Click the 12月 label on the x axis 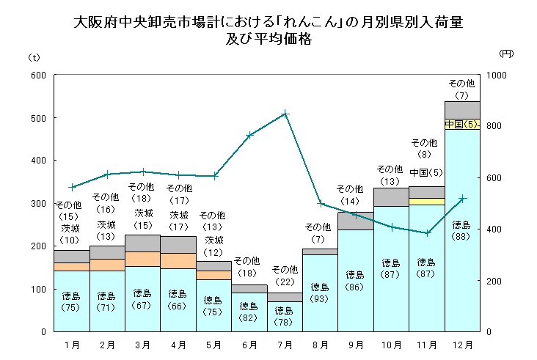462,345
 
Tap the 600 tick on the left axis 37,76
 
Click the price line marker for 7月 285,114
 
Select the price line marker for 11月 427,233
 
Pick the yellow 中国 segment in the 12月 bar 462,124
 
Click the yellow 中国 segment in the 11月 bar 427,202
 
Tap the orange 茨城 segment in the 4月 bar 178,261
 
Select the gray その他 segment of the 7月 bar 285,297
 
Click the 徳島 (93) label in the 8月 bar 320,293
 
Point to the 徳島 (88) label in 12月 462,230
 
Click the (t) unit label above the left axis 34,56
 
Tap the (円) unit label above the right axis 505,54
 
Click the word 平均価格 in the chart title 283,40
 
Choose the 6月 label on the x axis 249,345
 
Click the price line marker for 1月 72,187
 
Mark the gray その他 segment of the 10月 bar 391,196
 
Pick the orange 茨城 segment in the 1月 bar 72,267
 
